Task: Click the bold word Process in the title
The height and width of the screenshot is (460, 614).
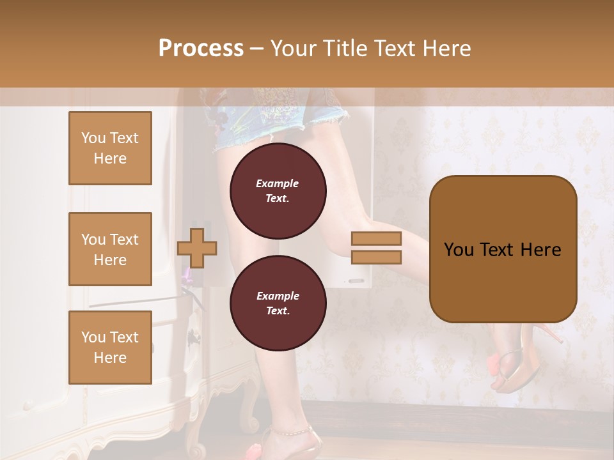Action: click(x=201, y=49)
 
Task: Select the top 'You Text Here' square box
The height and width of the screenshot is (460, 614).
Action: click(x=110, y=148)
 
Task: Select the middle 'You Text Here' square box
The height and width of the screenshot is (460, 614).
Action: click(x=110, y=249)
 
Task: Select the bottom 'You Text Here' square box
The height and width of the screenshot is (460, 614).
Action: click(x=110, y=347)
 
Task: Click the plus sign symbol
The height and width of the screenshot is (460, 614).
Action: click(x=197, y=248)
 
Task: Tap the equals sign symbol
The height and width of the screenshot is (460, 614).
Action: click(x=376, y=248)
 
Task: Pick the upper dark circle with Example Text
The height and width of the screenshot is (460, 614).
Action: click(x=278, y=190)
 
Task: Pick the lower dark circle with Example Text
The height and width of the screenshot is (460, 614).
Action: click(x=278, y=303)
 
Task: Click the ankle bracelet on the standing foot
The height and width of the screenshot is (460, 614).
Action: click(x=288, y=431)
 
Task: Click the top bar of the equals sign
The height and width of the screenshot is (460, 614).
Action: click(x=376, y=239)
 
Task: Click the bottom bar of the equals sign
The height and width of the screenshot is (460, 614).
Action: click(x=376, y=257)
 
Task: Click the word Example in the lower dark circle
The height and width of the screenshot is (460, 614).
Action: click(x=278, y=296)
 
